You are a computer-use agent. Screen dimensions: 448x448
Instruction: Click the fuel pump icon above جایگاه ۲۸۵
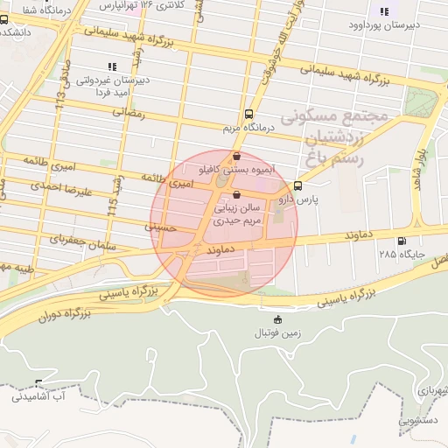click(x=402, y=241)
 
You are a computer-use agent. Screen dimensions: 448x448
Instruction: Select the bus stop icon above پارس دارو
click(x=298, y=185)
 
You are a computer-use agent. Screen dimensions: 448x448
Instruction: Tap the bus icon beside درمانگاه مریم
click(x=250, y=114)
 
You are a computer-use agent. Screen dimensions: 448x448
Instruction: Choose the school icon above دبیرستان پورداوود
click(x=383, y=11)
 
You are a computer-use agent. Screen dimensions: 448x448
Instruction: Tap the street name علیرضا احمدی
click(x=55, y=185)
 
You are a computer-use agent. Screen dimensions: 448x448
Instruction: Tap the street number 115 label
click(x=112, y=206)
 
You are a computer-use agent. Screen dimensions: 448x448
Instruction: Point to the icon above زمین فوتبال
click(x=278, y=319)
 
